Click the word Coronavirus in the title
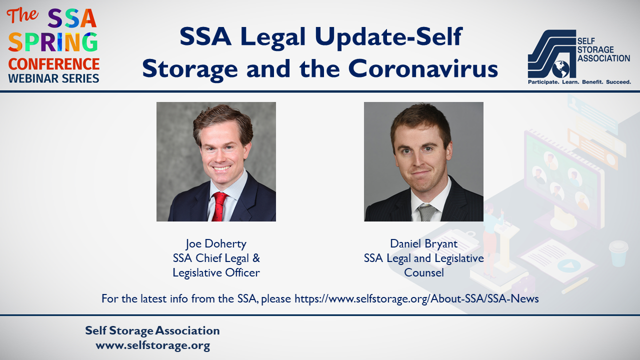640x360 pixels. coord(423,68)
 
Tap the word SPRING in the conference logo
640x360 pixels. coord(53,42)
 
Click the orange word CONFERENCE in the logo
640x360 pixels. coord(53,64)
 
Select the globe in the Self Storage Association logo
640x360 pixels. coord(560,69)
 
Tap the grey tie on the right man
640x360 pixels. coord(426,212)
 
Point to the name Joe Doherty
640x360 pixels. coord(216,243)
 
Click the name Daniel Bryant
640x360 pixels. coord(423,243)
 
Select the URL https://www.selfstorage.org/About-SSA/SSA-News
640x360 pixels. coord(416,298)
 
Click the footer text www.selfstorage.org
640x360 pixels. coord(153,345)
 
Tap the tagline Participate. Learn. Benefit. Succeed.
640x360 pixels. coord(579,82)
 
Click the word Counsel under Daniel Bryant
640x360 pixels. coord(423,272)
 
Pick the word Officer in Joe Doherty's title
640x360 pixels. coord(242,272)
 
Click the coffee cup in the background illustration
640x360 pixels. coord(618,253)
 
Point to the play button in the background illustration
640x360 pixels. coord(568,265)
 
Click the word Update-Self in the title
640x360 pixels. coord(388,37)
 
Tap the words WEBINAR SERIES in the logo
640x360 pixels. coord(53,78)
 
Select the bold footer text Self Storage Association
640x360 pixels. coord(152,330)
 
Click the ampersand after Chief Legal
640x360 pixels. coord(256,258)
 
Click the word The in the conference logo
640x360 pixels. coord(22,15)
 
